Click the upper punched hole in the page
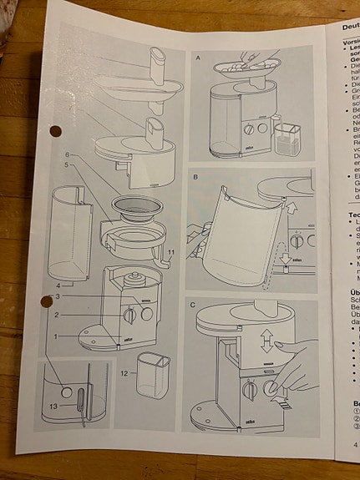pos(55,131)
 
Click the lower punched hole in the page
pos(48,302)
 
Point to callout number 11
pos(170,252)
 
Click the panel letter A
pos(198,59)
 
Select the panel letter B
pos(195,178)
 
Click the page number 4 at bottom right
pos(355,446)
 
